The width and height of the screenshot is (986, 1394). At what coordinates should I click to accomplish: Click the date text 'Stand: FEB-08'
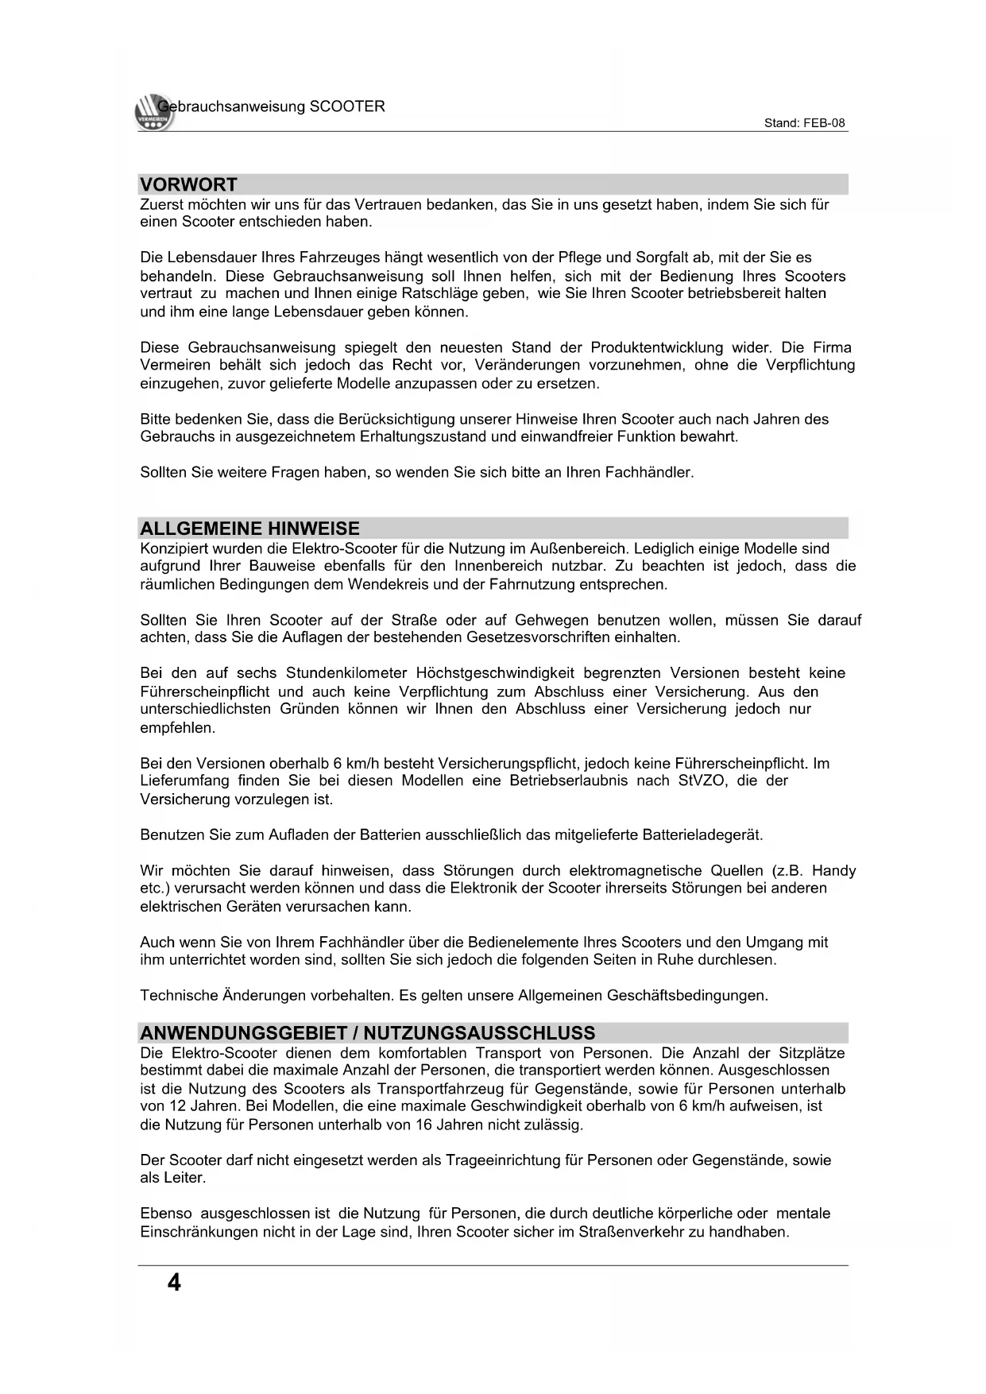click(x=804, y=123)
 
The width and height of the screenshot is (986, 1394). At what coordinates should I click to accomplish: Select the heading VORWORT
click(x=189, y=184)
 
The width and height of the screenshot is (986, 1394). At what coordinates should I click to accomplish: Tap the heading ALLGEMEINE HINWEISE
click(x=249, y=529)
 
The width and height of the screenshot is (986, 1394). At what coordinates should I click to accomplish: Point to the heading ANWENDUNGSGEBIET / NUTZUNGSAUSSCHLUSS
click(x=367, y=1033)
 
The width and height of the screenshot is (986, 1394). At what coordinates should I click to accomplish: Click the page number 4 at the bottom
click(x=174, y=1282)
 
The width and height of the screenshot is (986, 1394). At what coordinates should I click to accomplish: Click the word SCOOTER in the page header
click(x=346, y=106)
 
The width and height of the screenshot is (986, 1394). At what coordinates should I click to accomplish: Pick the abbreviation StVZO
click(x=702, y=780)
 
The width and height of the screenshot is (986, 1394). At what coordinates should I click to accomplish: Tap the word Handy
click(x=833, y=870)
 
